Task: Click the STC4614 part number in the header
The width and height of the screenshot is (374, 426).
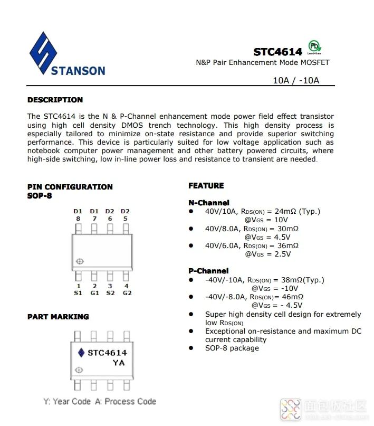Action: pyautogui.click(x=277, y=52)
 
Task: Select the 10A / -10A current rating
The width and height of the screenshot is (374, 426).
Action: pyautogui.click(x=296, y=81)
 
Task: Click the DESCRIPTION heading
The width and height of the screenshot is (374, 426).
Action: pyautogui.click(x=55, y=100)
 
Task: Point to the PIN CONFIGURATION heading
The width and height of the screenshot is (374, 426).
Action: pyautogui.click(x=70, y=187)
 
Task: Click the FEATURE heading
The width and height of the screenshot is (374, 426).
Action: pyautogui.click(x=206, y=186)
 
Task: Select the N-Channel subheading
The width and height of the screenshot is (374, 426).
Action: pyautogui.click(x=208, y=203)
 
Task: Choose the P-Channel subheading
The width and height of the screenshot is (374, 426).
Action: pyautogui.click(x=208, y=271)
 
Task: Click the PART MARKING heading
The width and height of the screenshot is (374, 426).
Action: pyautogui.click(x=58, y=317)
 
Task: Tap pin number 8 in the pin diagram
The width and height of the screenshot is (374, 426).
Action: pyautogui.click(x=78, y=219)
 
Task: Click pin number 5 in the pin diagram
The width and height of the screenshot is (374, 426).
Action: pyautogui.click(x=125, y=219)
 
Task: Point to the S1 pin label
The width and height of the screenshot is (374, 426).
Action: pyautogui.click(x=78, y=293)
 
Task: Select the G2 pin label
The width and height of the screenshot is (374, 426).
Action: pyautogui.click(x=127, y=293)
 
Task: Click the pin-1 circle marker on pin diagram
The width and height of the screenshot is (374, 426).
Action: pyautogui.click(x=80, y=261)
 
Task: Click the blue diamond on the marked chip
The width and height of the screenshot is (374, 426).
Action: pyautogui.click(x=81, y=353)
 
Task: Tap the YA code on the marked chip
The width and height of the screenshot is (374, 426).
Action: pyautogui.click(x=119, y=363)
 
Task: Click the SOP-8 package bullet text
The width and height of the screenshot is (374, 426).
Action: pyautogui.click(x=232, y=348)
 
